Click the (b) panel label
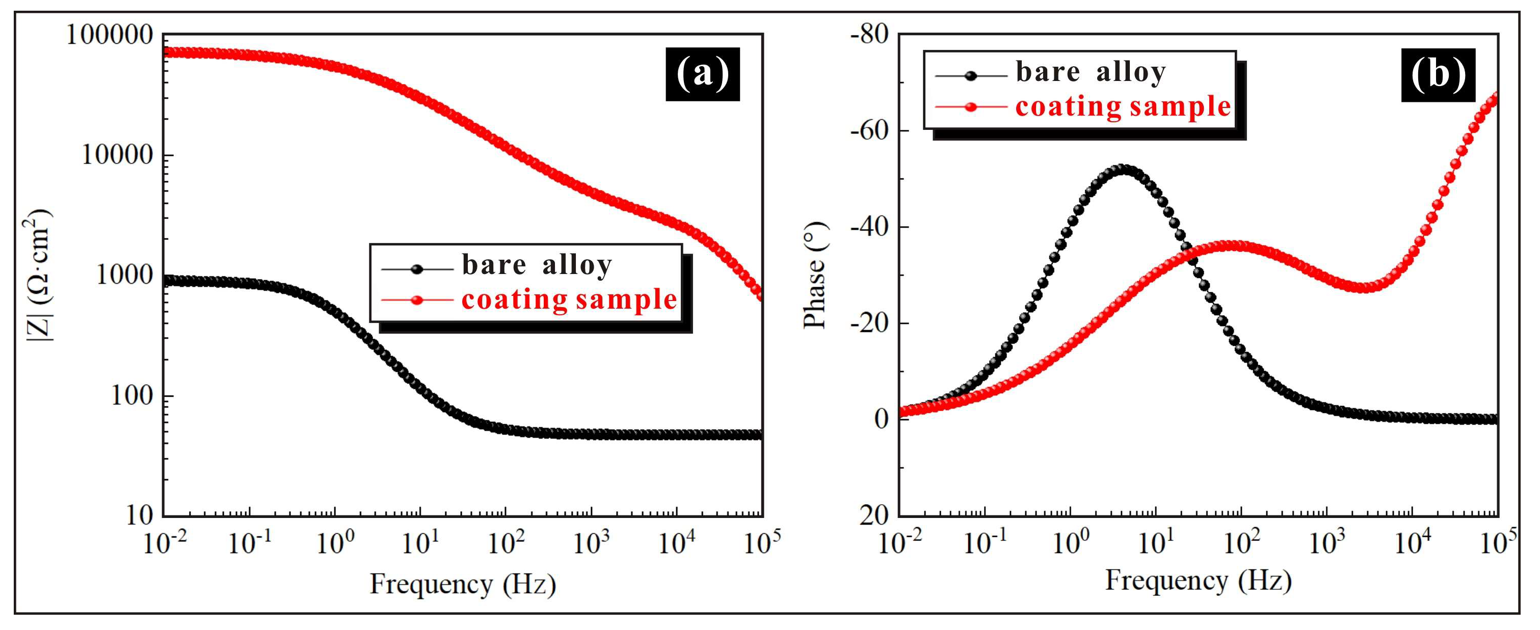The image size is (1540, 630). (x=1438, y=75)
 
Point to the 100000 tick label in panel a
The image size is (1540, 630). (x=110, y=35)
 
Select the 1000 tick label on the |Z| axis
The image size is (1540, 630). (x=125, y=275)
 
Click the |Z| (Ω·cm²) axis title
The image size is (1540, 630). (x=38, y=275)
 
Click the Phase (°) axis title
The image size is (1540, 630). (x=814, y=275)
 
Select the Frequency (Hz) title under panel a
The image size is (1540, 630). (x=463, y=583)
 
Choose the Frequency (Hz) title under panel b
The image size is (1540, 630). (x=1198, y=580)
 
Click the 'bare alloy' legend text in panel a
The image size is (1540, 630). (x=536, y=264)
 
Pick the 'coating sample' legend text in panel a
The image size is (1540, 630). (x=569, y=299)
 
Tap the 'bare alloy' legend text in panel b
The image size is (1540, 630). (x=1091, y=72)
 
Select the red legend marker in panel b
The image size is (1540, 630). (x=971, y=107)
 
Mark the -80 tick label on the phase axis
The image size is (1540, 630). (x=869, y=35)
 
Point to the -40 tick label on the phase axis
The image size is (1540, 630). (x=869, y=227)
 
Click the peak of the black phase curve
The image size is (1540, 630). (x=1124, y=170)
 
